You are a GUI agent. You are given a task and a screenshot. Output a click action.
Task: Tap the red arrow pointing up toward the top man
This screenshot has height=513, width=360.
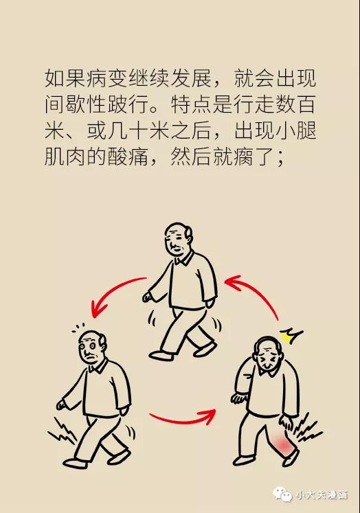click(x=258, y=291)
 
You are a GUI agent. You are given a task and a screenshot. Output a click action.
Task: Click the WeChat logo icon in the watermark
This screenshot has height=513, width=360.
click(x=282, y=494)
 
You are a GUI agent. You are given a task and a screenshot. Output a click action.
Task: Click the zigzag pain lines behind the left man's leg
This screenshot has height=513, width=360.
click(x=63, y=431)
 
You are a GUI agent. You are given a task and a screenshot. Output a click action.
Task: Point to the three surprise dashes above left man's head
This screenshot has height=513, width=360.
click(x=78, y=328)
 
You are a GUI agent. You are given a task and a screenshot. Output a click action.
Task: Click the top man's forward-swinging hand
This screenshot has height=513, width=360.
click(x=148, y=297)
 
